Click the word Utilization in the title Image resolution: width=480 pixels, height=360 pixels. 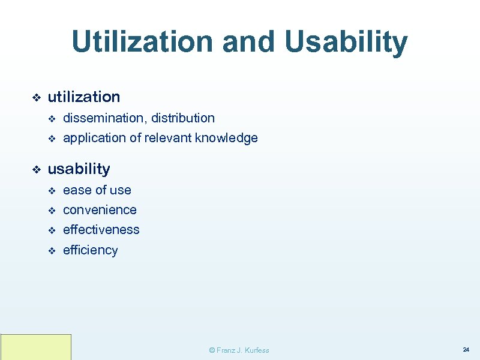[142, 42]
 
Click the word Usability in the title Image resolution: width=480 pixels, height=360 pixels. [346, 42]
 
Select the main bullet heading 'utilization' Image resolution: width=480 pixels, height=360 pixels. [83, 97]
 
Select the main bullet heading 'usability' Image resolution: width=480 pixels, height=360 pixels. [79, 169]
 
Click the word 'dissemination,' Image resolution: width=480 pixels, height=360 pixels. [104, 118]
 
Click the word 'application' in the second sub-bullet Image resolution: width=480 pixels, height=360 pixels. [93, 138]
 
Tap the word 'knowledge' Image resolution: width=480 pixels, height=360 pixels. [229, 138]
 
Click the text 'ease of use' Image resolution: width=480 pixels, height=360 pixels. [97, 190]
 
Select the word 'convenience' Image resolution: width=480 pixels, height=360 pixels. [100, 210]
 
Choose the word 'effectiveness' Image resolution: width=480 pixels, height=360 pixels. [101, 230]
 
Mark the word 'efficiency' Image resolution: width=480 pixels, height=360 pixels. [90, 250]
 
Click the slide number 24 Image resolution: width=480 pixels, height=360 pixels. [466, 349]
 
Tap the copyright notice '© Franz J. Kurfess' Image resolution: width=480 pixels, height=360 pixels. [238, 350]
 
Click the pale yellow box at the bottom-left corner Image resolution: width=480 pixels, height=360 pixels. [36, 347]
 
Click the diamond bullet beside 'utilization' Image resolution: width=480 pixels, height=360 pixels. [35, 97]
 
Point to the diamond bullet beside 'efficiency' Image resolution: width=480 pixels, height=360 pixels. [51, 251]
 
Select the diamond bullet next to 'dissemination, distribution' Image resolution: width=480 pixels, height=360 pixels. [51, 119]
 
